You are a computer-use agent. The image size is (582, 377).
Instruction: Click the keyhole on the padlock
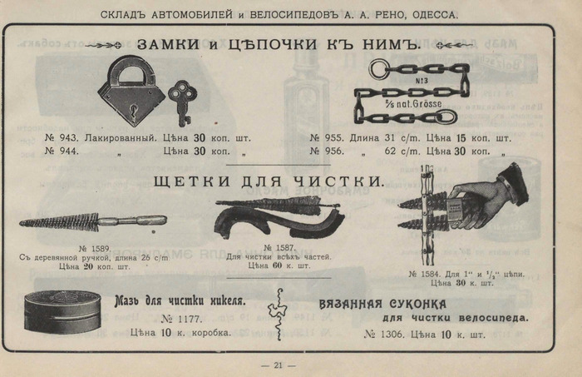click(131, 106)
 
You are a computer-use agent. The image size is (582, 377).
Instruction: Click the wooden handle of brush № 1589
click(144, 221)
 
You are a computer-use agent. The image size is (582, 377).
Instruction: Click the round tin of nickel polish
click(62, 311)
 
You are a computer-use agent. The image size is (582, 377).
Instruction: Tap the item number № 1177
click(180, 318)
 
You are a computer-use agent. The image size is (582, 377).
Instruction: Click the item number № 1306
click(385, 335)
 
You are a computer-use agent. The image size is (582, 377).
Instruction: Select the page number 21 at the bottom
click(279, 365)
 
